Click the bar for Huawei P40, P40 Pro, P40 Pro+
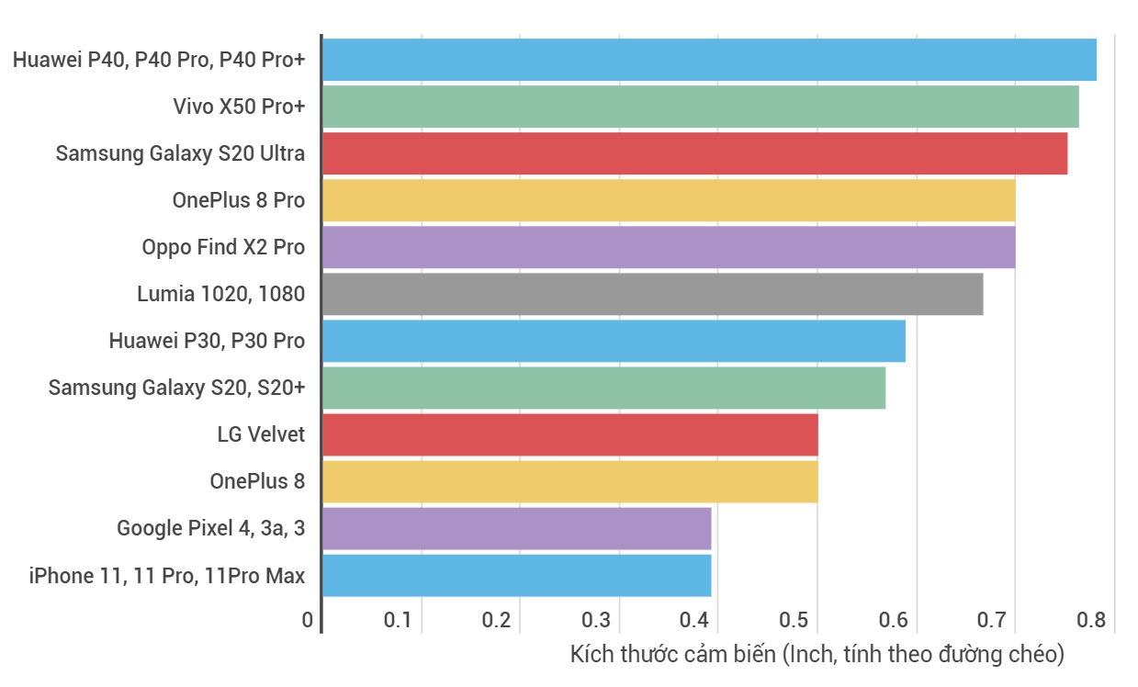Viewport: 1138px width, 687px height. tap(709, 60)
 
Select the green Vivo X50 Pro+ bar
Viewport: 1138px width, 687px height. tap(700, 107)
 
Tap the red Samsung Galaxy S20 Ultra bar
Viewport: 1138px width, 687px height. tap(694, 153)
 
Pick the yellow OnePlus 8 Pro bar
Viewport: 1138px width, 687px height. tap(669, 200)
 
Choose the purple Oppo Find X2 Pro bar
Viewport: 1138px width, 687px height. tap(669, 247)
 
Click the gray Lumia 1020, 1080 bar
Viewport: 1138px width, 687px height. tap(652, 294)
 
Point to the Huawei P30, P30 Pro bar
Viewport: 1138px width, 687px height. tap(614, 341)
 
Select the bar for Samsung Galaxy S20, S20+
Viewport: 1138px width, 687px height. tap(603, 388)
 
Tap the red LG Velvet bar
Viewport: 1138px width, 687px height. tap(569, 434)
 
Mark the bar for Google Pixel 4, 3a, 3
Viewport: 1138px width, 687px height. tap(516, 528)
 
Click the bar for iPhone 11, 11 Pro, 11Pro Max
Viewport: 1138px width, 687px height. tap(516, 575)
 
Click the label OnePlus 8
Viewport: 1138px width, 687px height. tap(257, 481)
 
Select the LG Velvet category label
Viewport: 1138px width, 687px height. tap(261, 434)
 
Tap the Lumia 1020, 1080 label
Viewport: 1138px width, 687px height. tap(220, 294)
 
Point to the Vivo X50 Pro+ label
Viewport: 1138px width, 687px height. tap(239, 107)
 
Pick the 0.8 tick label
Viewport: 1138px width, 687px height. tap(1091, 620)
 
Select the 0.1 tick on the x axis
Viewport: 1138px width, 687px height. tap(397, 620)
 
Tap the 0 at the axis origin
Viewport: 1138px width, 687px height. tap(307, 620)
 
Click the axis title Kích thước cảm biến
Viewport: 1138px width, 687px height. tap(817, 654)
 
